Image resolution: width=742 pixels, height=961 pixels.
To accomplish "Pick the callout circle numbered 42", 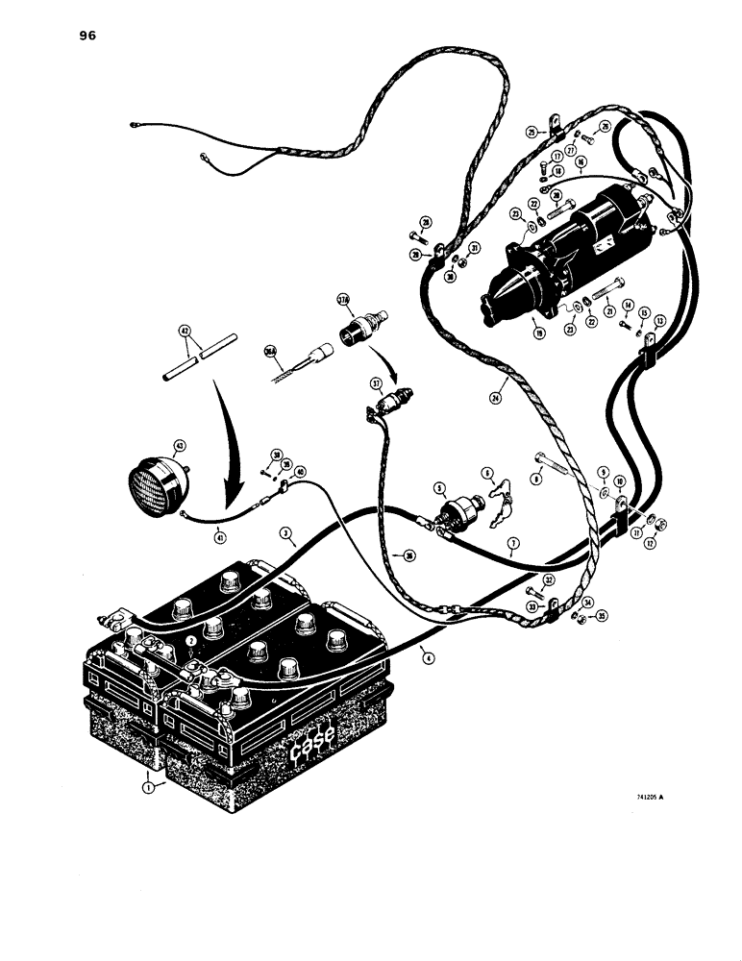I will tap(186, 330).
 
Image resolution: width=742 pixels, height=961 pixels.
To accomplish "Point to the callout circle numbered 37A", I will tap(342, 301).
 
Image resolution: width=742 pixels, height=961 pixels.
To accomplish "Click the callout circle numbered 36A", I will tap(271, 352).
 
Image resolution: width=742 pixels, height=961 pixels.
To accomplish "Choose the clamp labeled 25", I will tap(554, 125).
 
